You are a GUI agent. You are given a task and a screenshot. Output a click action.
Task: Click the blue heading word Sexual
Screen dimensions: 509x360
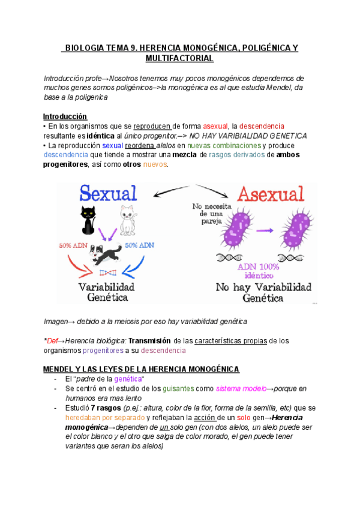109,193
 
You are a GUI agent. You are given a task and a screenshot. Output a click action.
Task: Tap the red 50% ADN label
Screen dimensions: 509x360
73,245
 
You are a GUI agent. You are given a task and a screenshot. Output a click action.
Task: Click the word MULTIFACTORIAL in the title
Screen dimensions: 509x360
179,58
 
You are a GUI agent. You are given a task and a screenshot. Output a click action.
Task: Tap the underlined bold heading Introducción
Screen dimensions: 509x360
65,116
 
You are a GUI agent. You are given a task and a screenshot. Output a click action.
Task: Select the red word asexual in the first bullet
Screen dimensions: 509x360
215,126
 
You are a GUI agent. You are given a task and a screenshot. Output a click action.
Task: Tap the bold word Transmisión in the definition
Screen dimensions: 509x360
151,341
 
